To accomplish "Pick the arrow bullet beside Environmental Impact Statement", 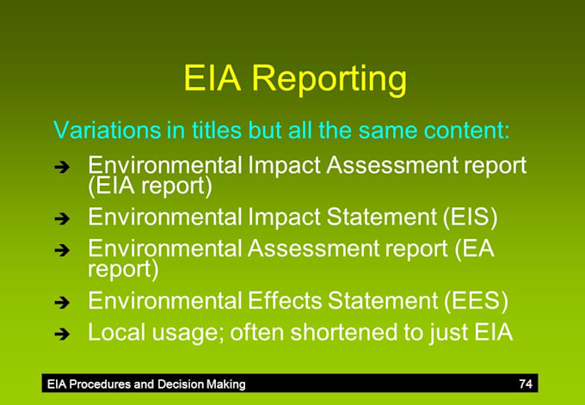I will click(62, 218).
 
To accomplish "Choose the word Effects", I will click(290, 301).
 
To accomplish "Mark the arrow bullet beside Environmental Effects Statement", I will click(62, 303).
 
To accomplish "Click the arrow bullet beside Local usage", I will click(62, 334).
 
